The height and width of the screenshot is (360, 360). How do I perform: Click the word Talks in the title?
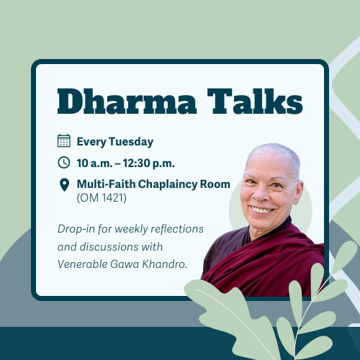(x=249, y=101)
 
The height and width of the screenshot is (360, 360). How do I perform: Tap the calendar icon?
(x=64, y=141)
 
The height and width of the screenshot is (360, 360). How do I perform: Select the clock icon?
(x=64, y=163)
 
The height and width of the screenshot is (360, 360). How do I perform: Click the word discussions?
(x=108, y=246)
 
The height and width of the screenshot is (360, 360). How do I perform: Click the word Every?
(x=91, y=142)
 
